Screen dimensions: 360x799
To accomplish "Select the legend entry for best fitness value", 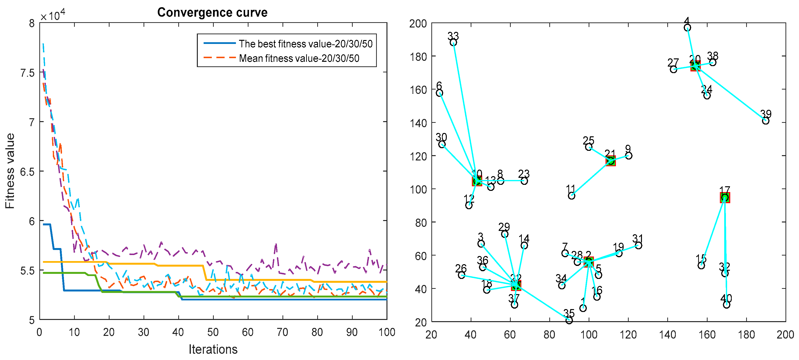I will click(x=305, y=44).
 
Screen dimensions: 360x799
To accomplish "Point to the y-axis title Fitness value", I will click(x=10, y=171).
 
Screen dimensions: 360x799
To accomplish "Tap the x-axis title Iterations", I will click(x=213, y=349).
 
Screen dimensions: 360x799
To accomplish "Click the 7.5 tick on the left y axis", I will click(x=27, y=73).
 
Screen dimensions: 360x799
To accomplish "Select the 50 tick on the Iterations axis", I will click(x=213, y=332).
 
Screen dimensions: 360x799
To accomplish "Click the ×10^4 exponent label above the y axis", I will click(x=53, y=15).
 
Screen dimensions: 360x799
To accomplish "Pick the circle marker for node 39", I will click(x=765, y=121).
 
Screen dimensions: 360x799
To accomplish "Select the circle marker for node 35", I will click(x=569, y=320).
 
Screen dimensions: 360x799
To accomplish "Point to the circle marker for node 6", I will click(x=440, y=93).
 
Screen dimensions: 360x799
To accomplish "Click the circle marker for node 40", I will click(x=726, y=305).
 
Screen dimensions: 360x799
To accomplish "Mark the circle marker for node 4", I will click(x=687, y=28).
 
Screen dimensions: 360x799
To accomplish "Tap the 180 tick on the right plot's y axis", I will click(x=418, y=57).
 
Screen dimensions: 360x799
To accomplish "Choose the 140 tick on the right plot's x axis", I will click(x=668, y=335).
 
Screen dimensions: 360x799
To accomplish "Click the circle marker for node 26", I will click(x=461, y=275).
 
